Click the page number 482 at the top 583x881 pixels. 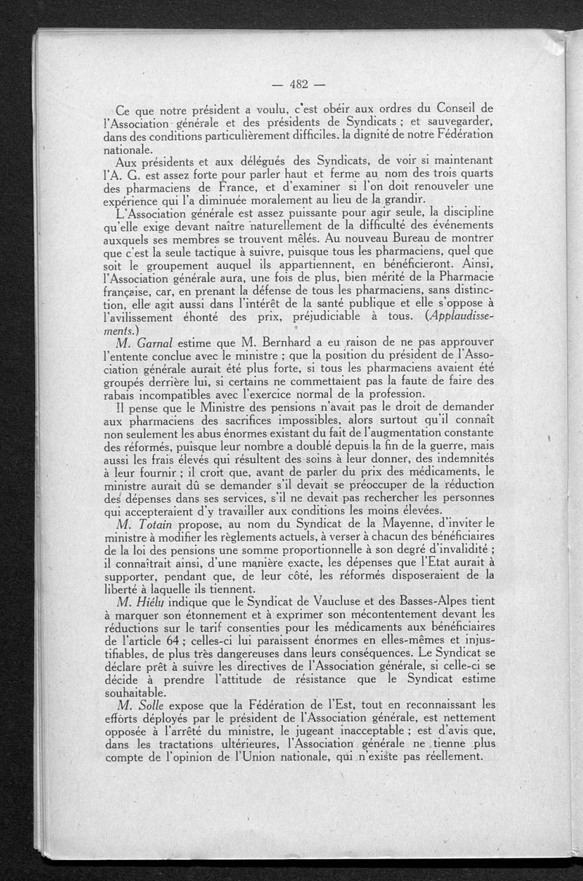tap(300, 82)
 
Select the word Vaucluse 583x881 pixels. tap(347, 600)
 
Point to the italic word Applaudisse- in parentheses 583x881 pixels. tap(455, 318)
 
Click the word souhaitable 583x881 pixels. tap(136, 692)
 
